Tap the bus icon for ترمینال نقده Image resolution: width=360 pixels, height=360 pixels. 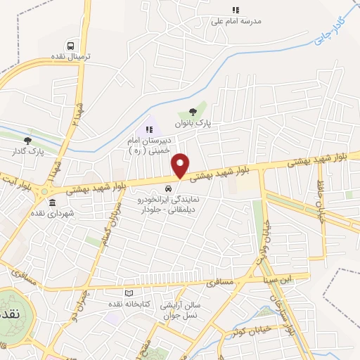69,44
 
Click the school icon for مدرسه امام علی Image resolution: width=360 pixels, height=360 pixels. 236,11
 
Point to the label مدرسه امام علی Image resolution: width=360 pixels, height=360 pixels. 236,21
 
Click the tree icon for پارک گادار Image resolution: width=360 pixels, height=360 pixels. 27,141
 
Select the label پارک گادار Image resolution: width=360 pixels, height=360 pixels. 28,151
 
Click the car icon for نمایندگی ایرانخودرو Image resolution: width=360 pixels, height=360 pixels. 167,188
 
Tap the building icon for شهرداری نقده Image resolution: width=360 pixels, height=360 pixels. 53,202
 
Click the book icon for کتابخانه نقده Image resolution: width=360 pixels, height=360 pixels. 128,293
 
